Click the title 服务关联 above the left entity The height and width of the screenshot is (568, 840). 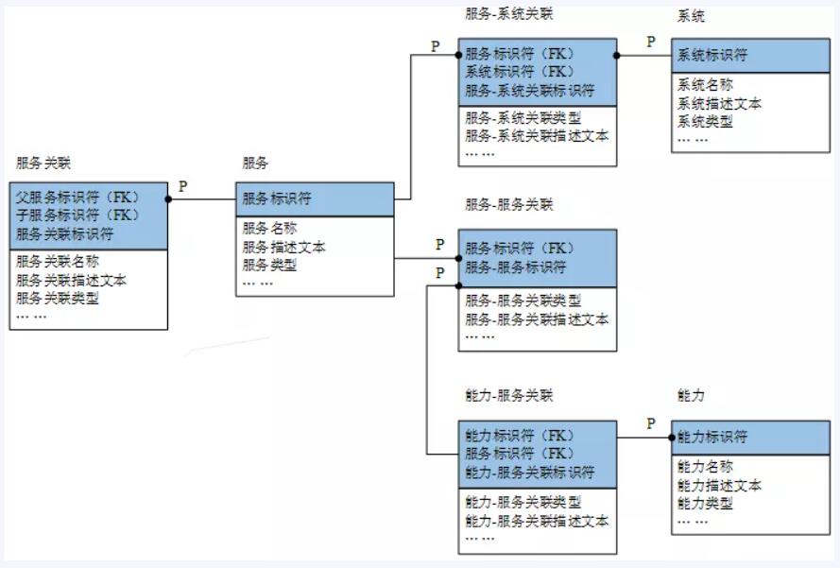[43, 163]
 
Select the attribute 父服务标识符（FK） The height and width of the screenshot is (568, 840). [77, 198]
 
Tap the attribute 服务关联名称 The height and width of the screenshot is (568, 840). [58, 262]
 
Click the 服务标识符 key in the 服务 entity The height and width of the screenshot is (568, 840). [277, 198]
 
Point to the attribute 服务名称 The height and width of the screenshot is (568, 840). [270, 229]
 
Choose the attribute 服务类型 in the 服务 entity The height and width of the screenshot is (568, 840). [270, 265]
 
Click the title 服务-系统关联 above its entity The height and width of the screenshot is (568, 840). [509, 14]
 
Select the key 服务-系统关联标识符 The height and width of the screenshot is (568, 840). [530, 90]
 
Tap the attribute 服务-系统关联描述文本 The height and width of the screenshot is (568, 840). [537, 135]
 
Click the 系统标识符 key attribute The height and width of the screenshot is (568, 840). [711, 55]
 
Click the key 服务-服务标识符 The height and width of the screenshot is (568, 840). [516, 267]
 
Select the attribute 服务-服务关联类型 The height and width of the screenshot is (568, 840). [523, 301]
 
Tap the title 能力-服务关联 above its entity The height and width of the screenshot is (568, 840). [509, 395]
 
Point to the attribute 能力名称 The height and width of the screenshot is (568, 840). [705, 467]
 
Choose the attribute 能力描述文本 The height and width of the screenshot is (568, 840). [719, 485]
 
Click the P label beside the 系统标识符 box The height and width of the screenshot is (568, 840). [650, 42]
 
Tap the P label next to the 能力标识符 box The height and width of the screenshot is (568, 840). [650, 423]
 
